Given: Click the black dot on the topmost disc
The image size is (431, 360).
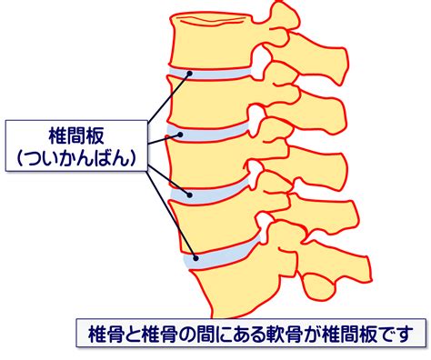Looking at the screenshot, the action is pos(190,74).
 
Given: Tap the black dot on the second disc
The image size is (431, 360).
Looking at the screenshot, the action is pos(180,135).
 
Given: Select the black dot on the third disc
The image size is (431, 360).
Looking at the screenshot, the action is pos(190,195).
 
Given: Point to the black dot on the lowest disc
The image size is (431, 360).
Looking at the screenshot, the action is pos(195,258).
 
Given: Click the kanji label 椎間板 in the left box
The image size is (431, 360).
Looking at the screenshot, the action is pos(76,135).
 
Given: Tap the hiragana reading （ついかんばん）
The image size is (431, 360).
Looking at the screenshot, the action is pos(76,157).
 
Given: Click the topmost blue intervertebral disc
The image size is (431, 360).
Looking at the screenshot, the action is pos(210,74).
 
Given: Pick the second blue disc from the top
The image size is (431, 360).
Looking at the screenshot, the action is pos(207,133).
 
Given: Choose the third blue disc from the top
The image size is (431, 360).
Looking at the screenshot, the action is pos(210,192).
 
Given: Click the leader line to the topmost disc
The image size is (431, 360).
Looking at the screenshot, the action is pos(169,97).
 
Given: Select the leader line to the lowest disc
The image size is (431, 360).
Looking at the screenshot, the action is pos(172,215).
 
